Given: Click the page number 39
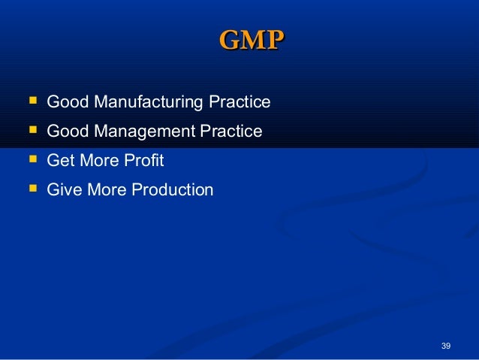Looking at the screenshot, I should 446,346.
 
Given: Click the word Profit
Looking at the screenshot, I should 147,161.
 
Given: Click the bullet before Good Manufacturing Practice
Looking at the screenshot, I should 32,100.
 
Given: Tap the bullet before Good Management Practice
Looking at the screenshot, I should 32,130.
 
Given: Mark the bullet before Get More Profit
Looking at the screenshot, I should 32,159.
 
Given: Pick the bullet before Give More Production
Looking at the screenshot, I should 32,189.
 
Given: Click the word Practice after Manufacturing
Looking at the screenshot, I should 245,101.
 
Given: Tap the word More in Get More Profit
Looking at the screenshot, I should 102,161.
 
